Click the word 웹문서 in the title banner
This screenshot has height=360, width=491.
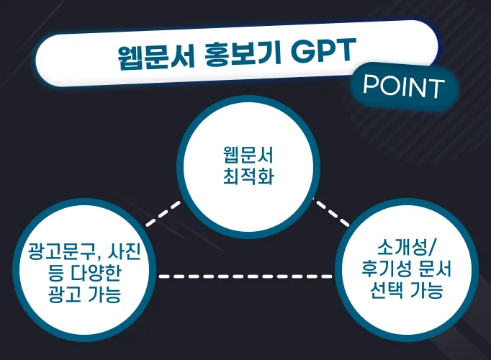point(156,57)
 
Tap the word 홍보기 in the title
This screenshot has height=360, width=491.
point(243,54)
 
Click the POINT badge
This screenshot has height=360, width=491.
point(404,86)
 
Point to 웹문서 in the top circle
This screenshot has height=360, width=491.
point(248,155)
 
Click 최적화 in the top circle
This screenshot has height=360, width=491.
point(248,175)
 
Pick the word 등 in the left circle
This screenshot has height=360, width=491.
point(56,272)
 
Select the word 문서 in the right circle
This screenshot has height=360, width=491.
point(435,269)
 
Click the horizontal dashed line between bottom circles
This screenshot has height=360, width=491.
point(245,276)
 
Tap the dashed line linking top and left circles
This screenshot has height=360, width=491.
point(164,214)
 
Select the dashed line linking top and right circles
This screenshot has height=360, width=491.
point(332,214)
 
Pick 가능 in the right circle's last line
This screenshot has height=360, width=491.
point(426,290)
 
